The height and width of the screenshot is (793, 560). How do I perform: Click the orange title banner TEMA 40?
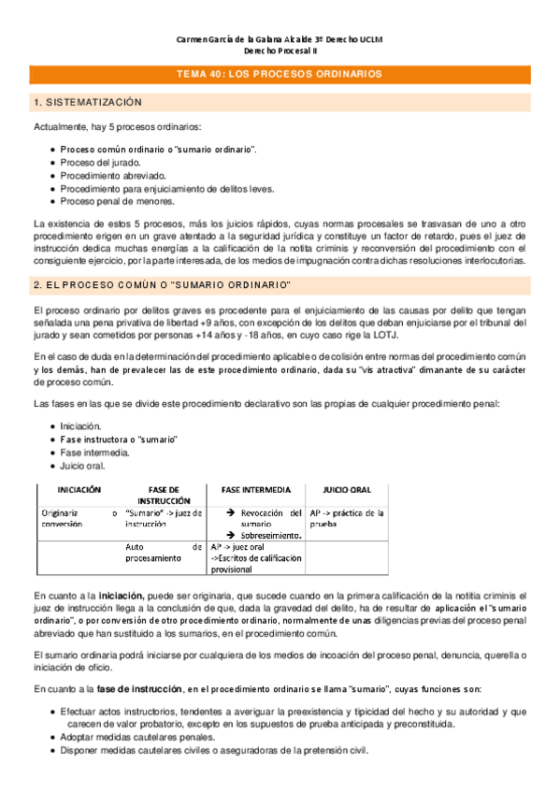(x=280, y=74)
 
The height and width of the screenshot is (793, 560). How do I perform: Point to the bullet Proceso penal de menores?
(x=117, y=200)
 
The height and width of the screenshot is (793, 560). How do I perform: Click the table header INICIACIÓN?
(x=79, y=489)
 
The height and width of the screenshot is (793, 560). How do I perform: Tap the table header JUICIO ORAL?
(x=347, y=489)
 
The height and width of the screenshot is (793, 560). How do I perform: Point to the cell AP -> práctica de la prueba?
(x=347, y=518)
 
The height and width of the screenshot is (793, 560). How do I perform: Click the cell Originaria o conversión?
(x=79, y=518)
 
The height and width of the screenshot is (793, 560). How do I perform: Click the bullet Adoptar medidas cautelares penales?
(x=138, y=737)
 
